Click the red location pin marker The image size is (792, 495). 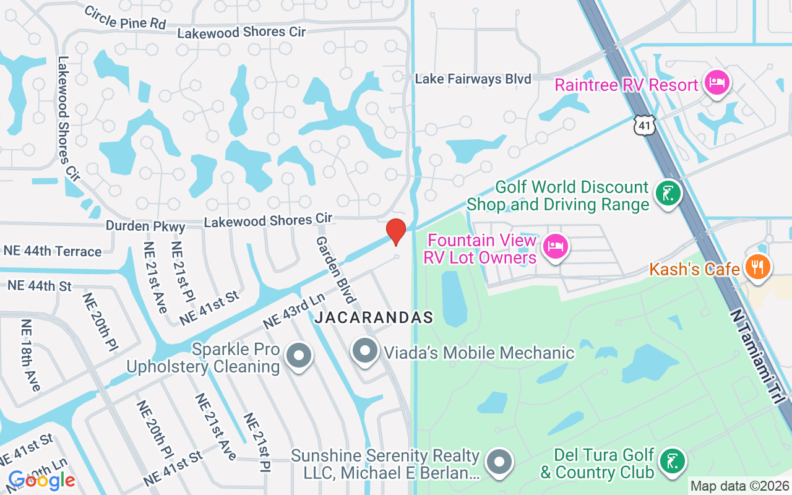click(x=396, y=231)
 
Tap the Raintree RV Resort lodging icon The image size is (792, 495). click(x=718, y=82)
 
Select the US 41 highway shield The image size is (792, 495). click(x=643, y=126)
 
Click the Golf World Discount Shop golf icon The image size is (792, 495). click(x=668, y=194)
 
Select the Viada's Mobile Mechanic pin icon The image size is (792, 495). click(x=365, y=351)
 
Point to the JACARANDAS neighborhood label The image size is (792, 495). click(x=374, y=318)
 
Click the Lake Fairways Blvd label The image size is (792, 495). click(x=473, y=79)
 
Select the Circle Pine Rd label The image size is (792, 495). click(x=125, y=17)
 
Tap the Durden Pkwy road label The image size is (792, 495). click(x=145, y=226)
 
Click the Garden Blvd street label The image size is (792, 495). click(x=335, y=270)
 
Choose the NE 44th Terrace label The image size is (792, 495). click(x=53, y=251)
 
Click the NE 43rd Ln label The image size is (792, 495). click(x=293, y=311)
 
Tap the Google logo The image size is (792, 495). click(x=41, y=480)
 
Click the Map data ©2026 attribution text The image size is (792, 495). click(x=739, y=486)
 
